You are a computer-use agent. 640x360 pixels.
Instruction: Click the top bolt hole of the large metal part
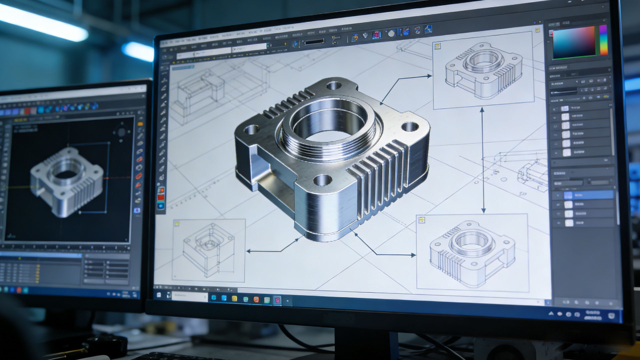pyautogui.click(x=334, y=86)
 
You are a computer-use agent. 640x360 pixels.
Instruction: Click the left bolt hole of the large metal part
pyautogui.click(x=252, y=129)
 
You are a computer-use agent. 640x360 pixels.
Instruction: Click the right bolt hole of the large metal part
pyautogui.click(x=410, y=127)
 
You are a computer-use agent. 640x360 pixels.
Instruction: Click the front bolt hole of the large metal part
pyautogui.click(x=322, y=180)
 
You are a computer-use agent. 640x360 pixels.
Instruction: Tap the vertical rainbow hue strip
pyautogui.click(x=603, y=40)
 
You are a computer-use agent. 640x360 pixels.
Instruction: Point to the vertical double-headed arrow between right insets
pyautogui.click(x=483, y=160)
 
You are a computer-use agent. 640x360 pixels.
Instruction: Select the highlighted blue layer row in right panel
pyautogui.click(x=583, y=195)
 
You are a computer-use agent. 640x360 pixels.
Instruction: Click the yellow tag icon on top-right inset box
pyautogui.click(x=437, y=46)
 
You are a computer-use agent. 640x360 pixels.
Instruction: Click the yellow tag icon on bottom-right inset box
pyautogui.click(x=421, y=220)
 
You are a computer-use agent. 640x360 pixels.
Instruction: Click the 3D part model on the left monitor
pyautogui.click(x=67, y=182)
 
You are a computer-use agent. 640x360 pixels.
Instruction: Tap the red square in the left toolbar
pyautogui.click(x=161, y=197)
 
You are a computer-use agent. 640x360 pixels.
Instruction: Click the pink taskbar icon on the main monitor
pyautogui.click(x=277, y=300)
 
